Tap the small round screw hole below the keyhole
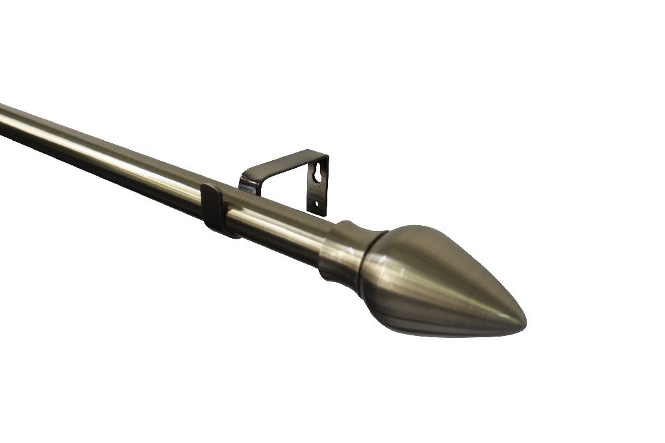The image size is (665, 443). click(x=316, y=203)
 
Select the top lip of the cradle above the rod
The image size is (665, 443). click(x=208, y=188)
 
